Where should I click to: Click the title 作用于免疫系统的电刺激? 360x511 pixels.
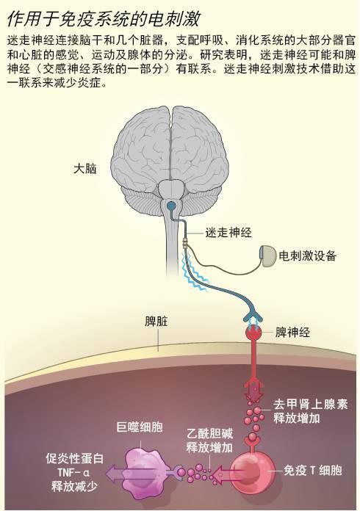tap(104, 19)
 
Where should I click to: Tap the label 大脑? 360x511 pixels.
tap(84, 169)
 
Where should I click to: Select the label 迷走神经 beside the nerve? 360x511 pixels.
tap(228, 233)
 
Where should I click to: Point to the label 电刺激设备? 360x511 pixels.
tap(307, 255)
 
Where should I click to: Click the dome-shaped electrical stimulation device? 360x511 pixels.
tap(268, 256)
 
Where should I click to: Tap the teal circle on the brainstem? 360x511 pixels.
tap(170, 206)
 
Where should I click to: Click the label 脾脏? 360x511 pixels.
tap(156, 322)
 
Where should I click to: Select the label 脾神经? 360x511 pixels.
tap(292, 333)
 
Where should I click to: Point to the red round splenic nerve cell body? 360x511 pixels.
tap(253, 333)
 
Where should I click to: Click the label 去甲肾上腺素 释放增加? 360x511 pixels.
tap(311, 411)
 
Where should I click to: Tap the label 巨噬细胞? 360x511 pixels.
tap(140, 427)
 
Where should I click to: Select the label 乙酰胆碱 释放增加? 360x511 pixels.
tap(209, 441)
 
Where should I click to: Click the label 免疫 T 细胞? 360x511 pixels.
tap(312, 471)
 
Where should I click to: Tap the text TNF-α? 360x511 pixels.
tap(73, 473)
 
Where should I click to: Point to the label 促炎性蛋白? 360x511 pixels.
tap(74, 459)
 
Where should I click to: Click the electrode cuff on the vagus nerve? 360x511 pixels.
tap(186, 243)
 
